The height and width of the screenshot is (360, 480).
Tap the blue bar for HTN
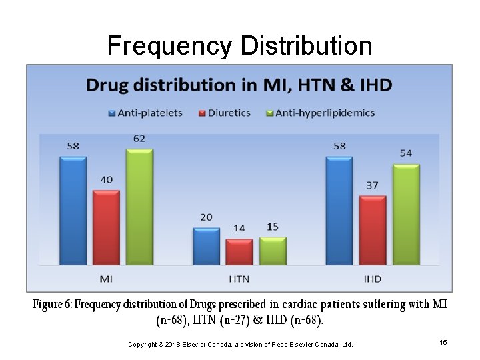pos(206,247)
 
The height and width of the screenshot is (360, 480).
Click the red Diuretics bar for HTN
pos(239,252)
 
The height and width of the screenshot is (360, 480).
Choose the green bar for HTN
pos(273,251)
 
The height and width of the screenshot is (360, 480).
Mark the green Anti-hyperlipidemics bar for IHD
pos(405,215)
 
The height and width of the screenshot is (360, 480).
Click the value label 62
pos(139,139)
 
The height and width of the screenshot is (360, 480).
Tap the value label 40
pos(105,180)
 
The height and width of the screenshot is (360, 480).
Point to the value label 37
pos(372,185)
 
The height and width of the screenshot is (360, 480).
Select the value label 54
pos(405,153)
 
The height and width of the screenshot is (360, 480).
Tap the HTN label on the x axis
pos(239,279)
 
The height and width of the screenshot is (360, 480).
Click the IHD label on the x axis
pos(372,279)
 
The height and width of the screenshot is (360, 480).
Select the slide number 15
pos(443,342)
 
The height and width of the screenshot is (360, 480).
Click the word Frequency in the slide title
pos(168,46)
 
